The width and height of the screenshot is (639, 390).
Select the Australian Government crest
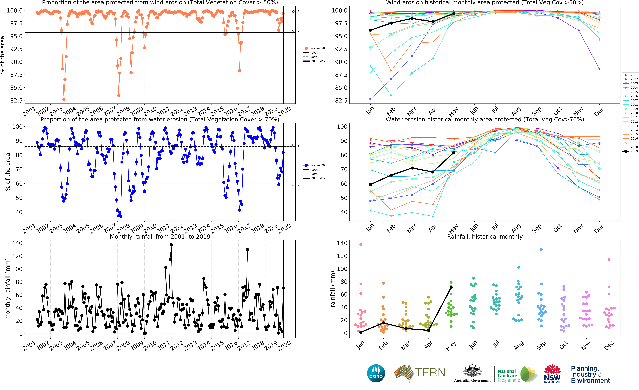pos(472,371)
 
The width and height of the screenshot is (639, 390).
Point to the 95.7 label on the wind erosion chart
pos(296,31)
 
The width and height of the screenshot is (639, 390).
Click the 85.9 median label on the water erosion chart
pos(296,145)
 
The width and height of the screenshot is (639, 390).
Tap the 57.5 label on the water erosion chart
pos(296,186)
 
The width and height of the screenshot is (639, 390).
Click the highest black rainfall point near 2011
pos(171,244)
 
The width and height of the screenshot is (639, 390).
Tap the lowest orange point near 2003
pos(64,99)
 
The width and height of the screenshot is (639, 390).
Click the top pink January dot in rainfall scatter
pos(361,244)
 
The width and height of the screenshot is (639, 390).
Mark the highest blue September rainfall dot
pos(541,249)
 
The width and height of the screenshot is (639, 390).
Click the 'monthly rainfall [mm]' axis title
pos(8,289)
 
